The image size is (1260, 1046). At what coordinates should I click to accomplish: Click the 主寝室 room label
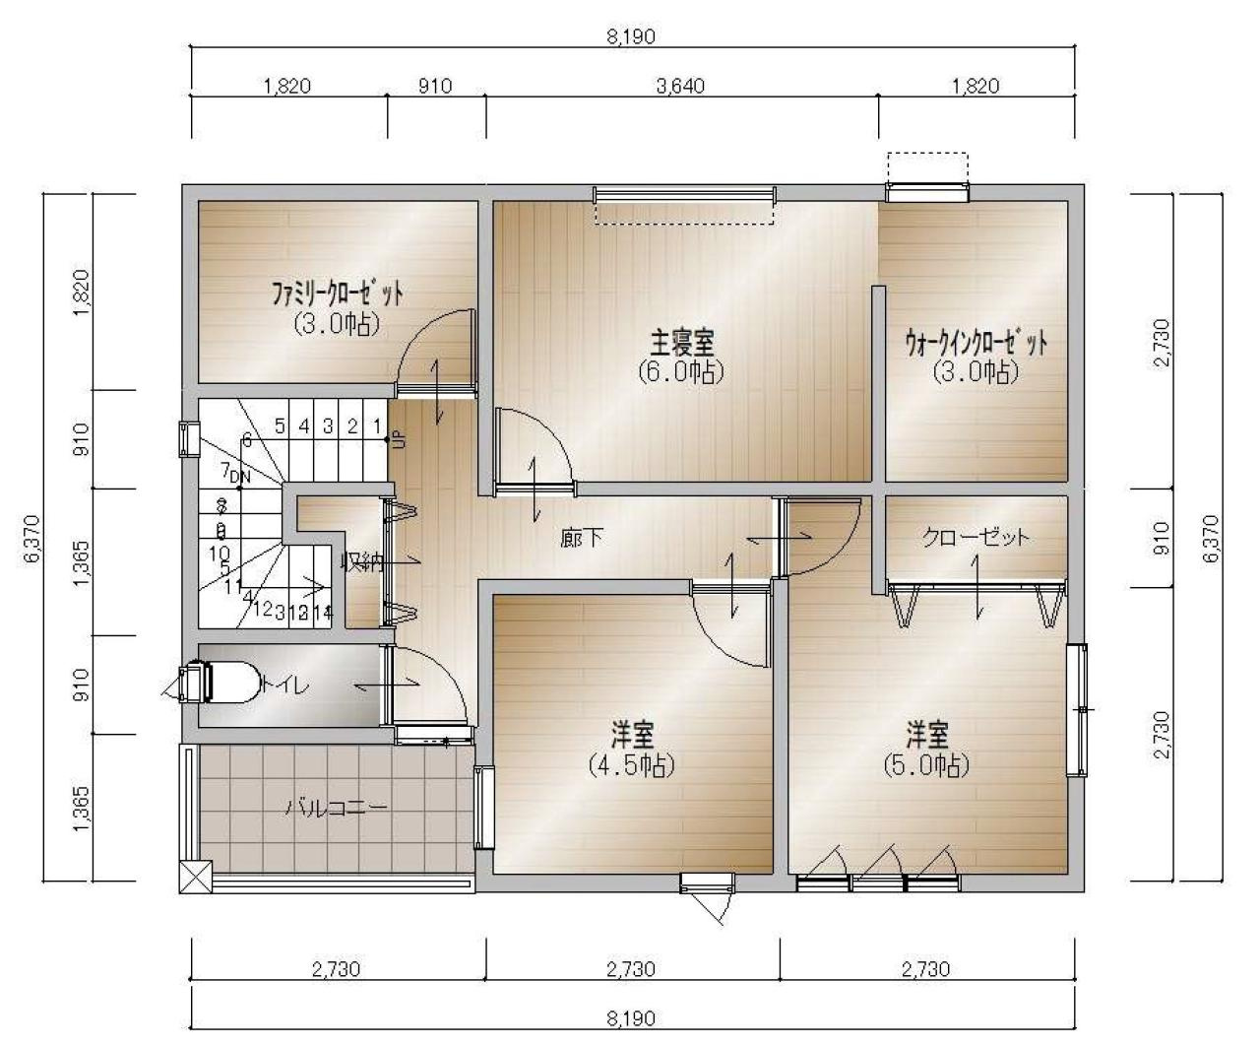[681, 344]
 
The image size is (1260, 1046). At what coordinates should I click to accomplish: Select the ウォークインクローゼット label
[976, 344]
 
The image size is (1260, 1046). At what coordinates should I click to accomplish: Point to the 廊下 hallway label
[582, 538]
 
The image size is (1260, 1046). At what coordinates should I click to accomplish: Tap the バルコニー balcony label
[337, 809]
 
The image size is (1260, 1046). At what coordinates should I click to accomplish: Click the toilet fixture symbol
[221, 683]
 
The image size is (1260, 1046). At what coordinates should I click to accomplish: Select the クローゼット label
[976, 537]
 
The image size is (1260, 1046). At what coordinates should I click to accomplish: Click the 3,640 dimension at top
[680, 86]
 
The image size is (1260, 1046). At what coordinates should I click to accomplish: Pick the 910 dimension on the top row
[435, 86]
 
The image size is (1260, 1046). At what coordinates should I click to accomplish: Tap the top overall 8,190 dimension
[631, 37]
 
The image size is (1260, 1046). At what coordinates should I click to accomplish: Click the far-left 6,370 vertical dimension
[31, 538]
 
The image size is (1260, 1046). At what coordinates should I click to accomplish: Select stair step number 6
[246, 441]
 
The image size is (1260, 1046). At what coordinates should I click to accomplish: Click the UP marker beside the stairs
[399, 439]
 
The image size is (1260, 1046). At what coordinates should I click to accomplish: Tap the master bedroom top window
[683, 194]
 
